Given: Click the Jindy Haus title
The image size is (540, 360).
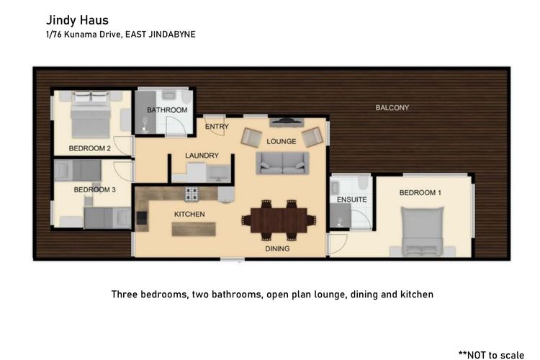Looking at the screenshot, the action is [x=77, y=21].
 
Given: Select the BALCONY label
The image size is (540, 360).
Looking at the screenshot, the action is [x=392, y=108].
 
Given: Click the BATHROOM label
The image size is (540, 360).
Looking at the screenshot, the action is [x=167, y=110].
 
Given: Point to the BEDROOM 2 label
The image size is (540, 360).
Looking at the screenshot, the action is [x=89, y=148].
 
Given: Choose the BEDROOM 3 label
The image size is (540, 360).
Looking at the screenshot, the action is [x=95, y=190].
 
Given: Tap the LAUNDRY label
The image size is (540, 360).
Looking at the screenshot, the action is [x=202, y=156].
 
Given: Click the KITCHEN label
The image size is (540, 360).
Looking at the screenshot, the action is [x=189, y=215].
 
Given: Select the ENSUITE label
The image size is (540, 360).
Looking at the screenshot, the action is [x=351, y=200].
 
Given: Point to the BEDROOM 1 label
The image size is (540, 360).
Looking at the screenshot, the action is [x=420, y=193].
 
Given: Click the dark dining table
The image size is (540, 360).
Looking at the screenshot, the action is [x=279, y=220].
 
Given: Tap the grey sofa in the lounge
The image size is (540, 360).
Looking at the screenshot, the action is [x=282, y=163].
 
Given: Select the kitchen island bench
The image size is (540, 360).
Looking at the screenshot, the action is [x=194, y=229].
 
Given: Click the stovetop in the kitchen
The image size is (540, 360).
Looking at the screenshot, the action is [x=192, y=194].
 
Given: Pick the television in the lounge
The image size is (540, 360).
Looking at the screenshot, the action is [x=287, y=122].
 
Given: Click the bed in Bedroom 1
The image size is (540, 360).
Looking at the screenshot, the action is [x=422, y=232].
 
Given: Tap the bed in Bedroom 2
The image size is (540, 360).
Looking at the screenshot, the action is [x=91, y=114].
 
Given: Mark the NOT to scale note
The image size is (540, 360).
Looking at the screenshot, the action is [x=492, y=355].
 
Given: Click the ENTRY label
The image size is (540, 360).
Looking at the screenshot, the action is [x=217, y=127].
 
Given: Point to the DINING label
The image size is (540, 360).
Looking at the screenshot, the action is [x=277, y=248].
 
